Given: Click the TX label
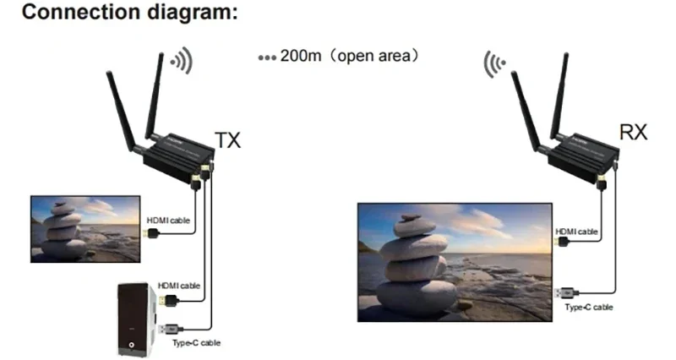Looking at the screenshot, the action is (x=227, y=139).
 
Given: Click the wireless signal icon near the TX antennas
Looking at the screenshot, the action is (x=180, y=60).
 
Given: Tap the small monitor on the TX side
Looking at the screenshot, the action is (x=84, y=228).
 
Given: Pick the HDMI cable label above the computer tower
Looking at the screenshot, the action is (x=178, y=285).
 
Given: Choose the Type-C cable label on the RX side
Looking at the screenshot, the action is (x=589, y=307).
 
